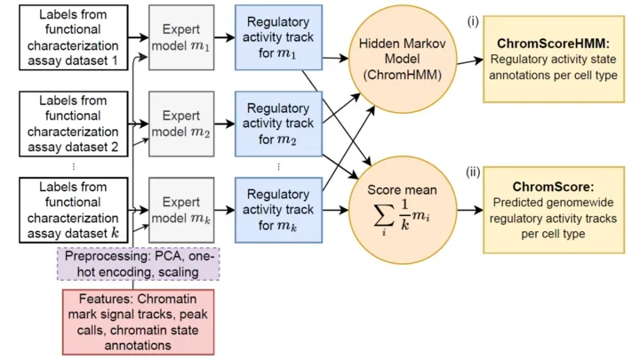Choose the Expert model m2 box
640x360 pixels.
point(181,124)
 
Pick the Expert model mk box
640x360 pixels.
point(181,211)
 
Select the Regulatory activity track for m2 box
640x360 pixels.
point(278,124)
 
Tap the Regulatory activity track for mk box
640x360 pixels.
point(278,211)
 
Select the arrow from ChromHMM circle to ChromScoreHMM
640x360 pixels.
point(468,60)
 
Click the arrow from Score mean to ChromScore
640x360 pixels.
point(468,211)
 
